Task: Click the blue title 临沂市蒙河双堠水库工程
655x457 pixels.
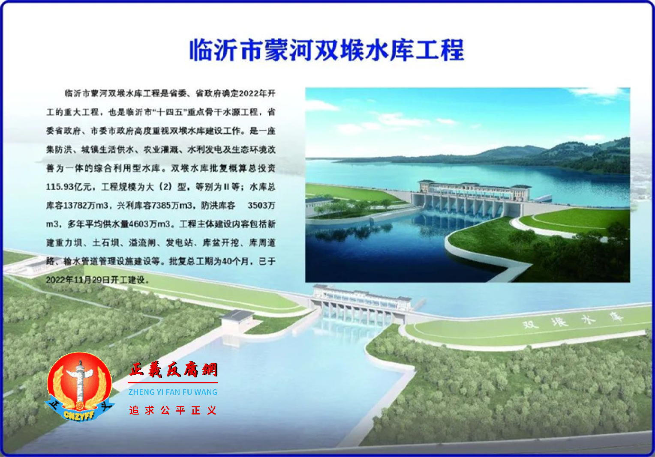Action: (327, 50)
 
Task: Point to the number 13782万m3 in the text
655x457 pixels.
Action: (86, 206)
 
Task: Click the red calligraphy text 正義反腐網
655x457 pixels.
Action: (173, 370)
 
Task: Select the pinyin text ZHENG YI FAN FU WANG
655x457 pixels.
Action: (173, 392)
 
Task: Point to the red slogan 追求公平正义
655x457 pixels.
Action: (173, 410)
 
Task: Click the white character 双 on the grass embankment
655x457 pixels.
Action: (530, 324)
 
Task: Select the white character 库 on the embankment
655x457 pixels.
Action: (616, 317)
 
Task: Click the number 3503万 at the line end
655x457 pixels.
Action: (261, 206)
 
